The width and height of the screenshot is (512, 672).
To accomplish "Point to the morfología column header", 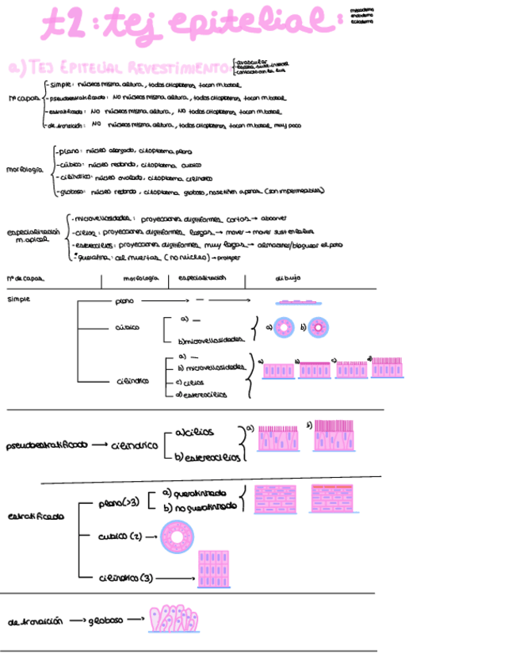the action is pyautogui.click(x=142, y=279).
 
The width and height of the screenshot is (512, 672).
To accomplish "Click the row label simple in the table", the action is pyautogui.click(x=18, y=300).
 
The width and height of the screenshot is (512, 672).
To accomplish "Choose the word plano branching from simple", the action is pyautogui.click(x=125, y=301).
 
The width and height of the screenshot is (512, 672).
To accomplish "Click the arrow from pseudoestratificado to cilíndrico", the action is pyautogui.click(x=97, y=445).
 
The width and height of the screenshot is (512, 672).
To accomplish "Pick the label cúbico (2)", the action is pyautogui.click(x=120, y=536).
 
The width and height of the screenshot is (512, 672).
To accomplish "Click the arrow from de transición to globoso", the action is pyautogui.click(x=76, y=621).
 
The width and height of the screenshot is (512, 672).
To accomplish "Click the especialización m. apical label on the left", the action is pyautogui.click(x=32, y=236).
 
